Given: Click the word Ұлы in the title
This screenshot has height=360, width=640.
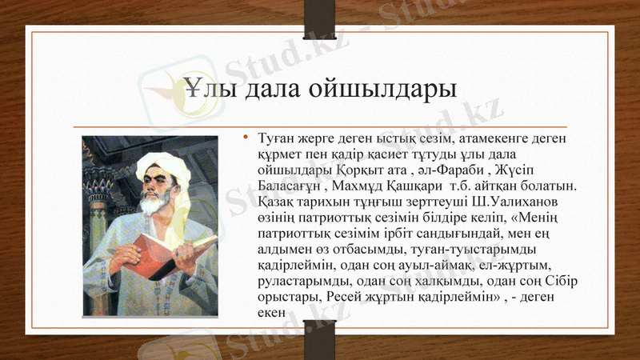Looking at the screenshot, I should click(x=209, y=88).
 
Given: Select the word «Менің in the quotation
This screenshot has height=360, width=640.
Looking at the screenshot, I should click(x=542, y=216).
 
